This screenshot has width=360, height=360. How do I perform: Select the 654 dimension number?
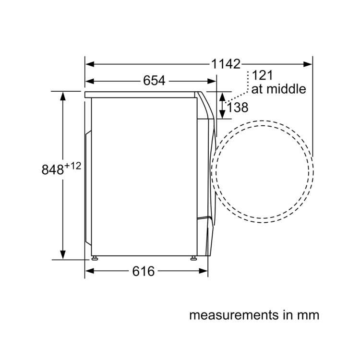click(154, 81)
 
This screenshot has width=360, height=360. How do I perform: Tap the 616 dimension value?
click(144, 272)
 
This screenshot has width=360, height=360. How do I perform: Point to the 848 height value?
click(52, 170)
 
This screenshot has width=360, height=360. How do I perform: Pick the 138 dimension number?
click(238, 108)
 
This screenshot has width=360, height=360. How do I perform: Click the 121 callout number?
click(262, 75)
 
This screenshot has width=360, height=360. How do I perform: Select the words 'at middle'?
click(278, 89)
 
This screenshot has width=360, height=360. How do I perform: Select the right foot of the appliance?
click(193, 258)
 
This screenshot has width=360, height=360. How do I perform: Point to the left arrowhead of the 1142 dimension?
click(89, 64)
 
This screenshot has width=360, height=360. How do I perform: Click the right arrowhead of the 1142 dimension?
click(309, 64)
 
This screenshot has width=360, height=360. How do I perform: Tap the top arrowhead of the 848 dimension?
click(63, 95)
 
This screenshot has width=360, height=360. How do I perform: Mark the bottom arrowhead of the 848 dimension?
click(63, 255)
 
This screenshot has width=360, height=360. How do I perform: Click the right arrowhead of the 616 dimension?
click(204, 272)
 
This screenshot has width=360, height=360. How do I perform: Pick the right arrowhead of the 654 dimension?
click(212, 81)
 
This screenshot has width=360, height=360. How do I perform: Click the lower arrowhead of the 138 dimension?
click(222, 115)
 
